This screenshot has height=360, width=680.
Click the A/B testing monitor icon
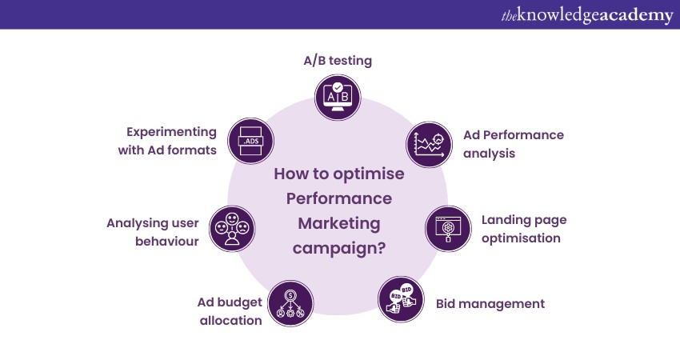point(338,97)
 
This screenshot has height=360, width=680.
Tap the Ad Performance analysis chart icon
point(429,145)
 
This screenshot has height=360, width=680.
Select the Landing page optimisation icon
point(448,229)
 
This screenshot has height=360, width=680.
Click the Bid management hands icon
point(401,299)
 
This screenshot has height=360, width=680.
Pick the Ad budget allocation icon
point(290,303)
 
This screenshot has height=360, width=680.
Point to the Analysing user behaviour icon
point(232,229)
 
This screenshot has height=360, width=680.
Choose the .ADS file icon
point(250,141)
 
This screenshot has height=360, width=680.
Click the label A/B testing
point(338,60)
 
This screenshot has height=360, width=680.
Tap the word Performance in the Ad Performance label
point(523,135)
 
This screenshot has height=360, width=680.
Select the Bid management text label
point(490,304)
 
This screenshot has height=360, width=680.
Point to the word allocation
point(230,321)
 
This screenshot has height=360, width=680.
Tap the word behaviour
point(167,241)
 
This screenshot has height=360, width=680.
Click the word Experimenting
point(171,132)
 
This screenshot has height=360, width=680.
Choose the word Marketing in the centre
point(339,224)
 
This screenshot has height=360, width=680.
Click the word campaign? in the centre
point(339,249)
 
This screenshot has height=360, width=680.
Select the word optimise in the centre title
point(369,174)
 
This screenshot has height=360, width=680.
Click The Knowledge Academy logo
point(587,14)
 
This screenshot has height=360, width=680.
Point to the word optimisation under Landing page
point(521,238)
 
